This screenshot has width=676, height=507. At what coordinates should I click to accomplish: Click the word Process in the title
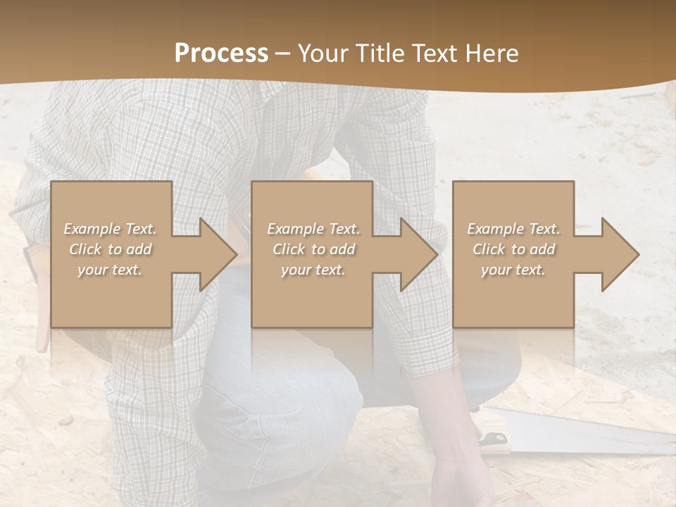click(221, 54)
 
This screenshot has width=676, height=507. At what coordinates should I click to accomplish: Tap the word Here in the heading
click(492, 54)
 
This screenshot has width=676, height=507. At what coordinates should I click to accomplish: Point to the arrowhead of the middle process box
click(418, 254)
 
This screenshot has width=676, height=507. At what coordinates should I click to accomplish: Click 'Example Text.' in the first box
click(110, 229)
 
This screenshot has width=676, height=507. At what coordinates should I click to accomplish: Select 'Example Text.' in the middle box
click(313, 229)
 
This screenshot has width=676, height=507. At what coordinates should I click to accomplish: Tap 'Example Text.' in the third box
click(513, 229)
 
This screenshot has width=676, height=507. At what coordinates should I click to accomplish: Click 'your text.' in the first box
click(110, 270)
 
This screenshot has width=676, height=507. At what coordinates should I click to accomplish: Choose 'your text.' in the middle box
click(313, 270)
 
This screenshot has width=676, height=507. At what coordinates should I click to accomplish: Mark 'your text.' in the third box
click(513, 270)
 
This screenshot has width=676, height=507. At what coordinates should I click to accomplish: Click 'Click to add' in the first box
click(110, 249)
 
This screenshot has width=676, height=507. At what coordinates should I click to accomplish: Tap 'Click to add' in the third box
click(513, 249)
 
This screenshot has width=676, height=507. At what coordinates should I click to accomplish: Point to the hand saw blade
click(584, 430)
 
